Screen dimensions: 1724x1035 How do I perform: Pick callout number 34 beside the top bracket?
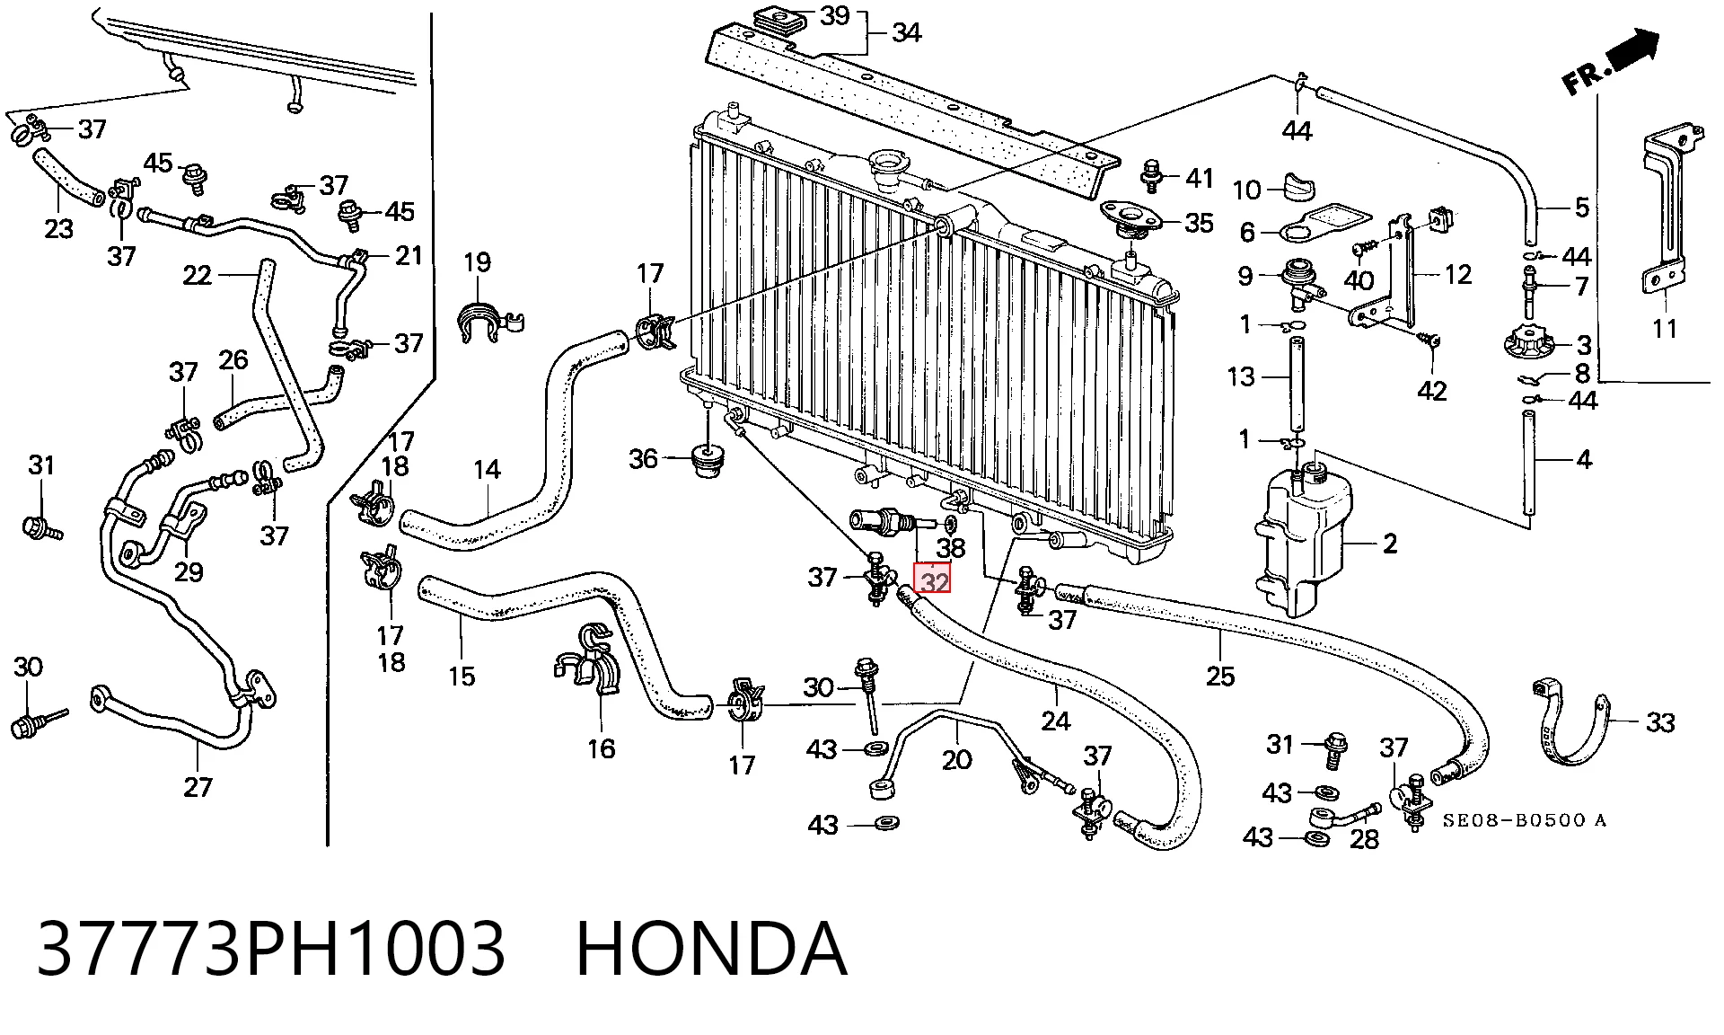[907, 33]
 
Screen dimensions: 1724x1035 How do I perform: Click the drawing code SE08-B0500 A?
[1525, 820]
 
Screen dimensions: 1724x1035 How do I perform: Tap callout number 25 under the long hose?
[1220, 676]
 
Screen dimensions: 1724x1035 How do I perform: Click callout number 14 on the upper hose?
[487, 470]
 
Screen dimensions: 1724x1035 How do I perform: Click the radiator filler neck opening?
[887, 166]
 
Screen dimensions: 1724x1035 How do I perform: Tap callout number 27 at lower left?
[198, 787]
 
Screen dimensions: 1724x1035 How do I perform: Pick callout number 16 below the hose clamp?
[601, 748]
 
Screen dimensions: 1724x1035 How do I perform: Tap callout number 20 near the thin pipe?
[956, 760]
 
